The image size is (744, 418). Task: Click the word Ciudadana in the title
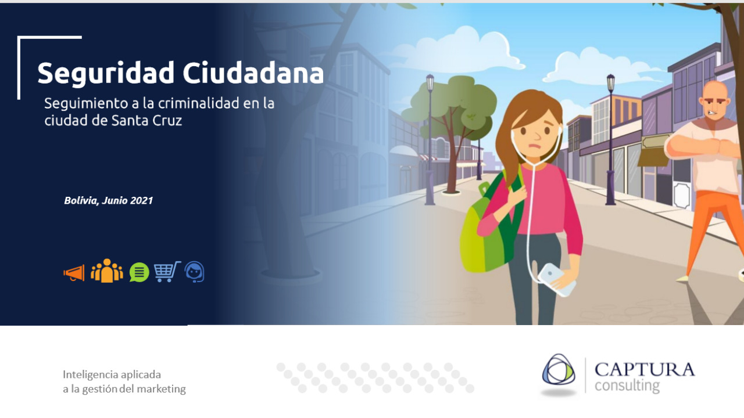253,73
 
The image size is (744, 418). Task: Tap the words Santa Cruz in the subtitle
147,120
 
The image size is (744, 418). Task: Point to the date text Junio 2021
127,200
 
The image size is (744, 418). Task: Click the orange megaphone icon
74,273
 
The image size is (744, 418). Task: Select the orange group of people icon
106,271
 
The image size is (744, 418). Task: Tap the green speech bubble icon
139,272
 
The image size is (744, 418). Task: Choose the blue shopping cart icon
167,272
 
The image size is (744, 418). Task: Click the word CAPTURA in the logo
645,370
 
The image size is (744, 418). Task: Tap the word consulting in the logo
627,386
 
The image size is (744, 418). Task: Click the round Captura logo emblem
559,369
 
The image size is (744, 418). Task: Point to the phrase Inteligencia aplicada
112,375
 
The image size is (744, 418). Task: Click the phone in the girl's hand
556,280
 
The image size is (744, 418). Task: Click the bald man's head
715,102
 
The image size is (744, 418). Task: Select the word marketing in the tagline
161,389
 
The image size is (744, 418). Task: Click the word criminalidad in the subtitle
199,103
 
